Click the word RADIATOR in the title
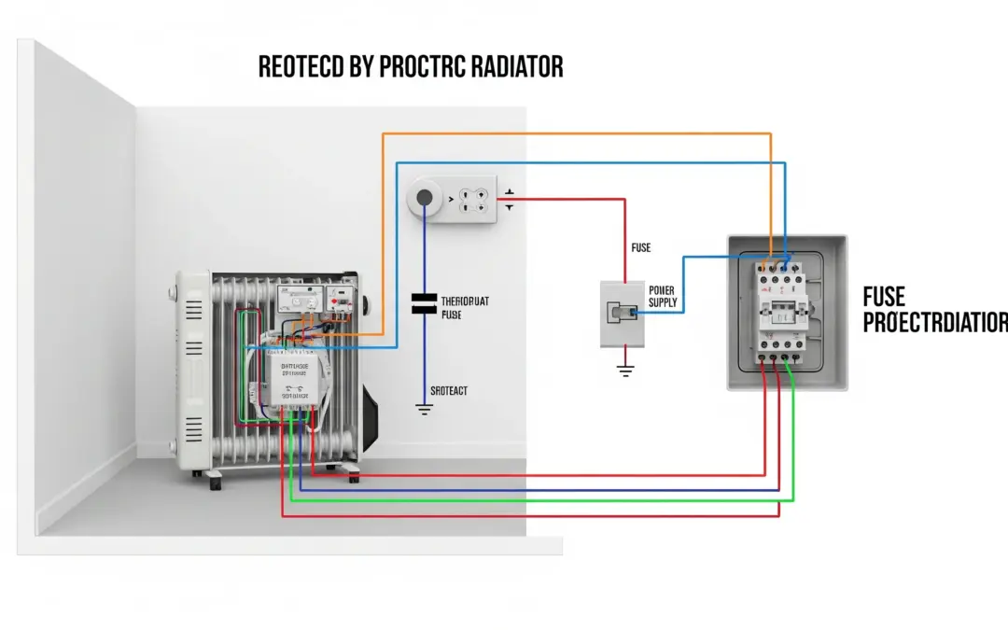coord(512,67)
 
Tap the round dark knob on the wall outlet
coord(425,197)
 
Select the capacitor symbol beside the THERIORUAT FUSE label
coord(425,302)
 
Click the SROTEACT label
coord(448,391)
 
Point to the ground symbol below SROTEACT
coord(425,409)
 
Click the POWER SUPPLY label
coord(662,297)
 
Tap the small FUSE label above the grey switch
coord(641,248)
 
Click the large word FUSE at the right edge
coord(884,297)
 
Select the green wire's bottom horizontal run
coord(541,500)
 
